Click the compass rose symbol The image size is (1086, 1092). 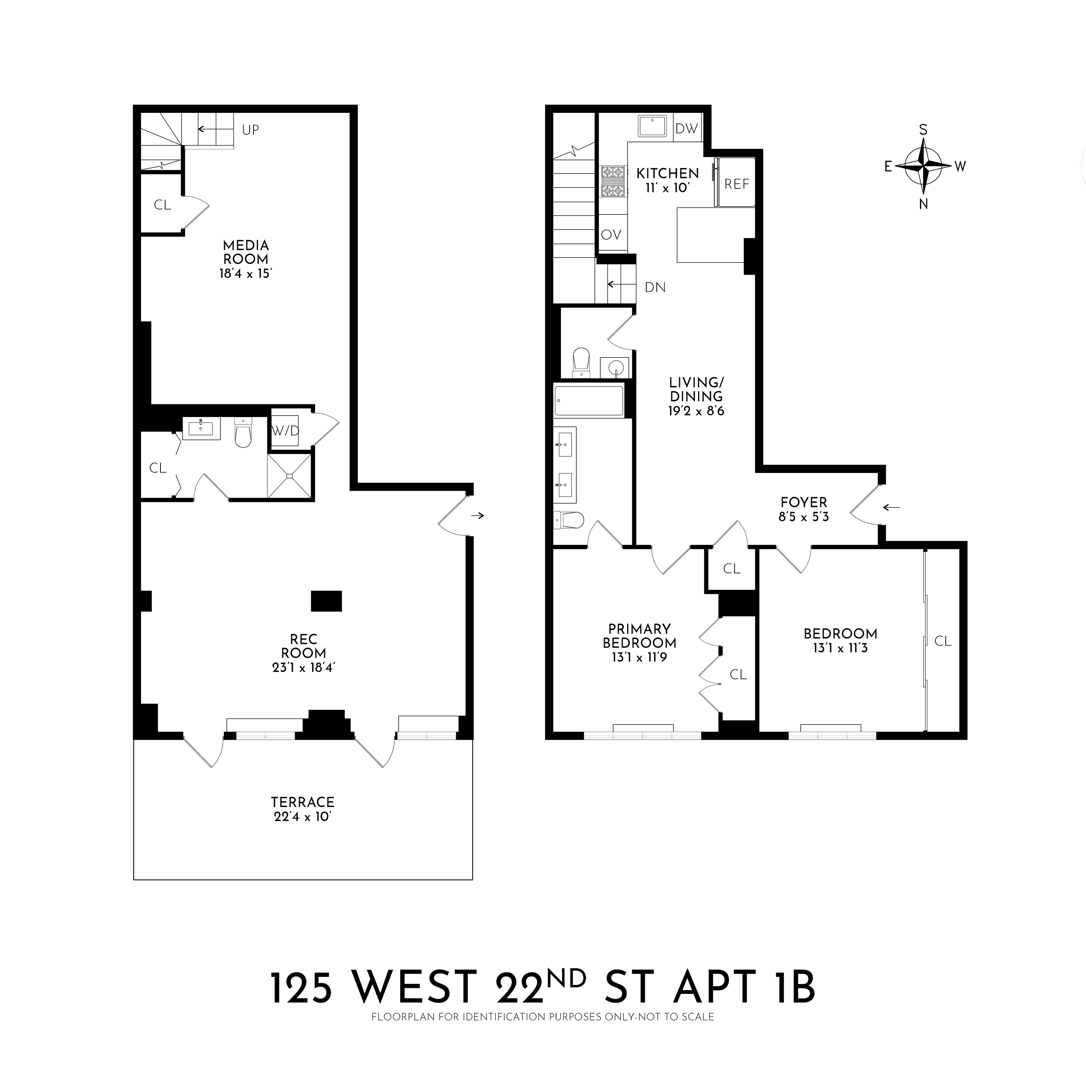(x=923, y=166)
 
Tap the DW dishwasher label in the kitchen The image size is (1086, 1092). (x=686, y=129)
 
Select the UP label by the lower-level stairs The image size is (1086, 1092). (x=250, y=130)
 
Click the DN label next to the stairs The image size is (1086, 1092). (x=655, y=288)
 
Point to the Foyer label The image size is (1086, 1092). (x=803, y=502)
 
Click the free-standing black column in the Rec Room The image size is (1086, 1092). (x=326, y=601)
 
